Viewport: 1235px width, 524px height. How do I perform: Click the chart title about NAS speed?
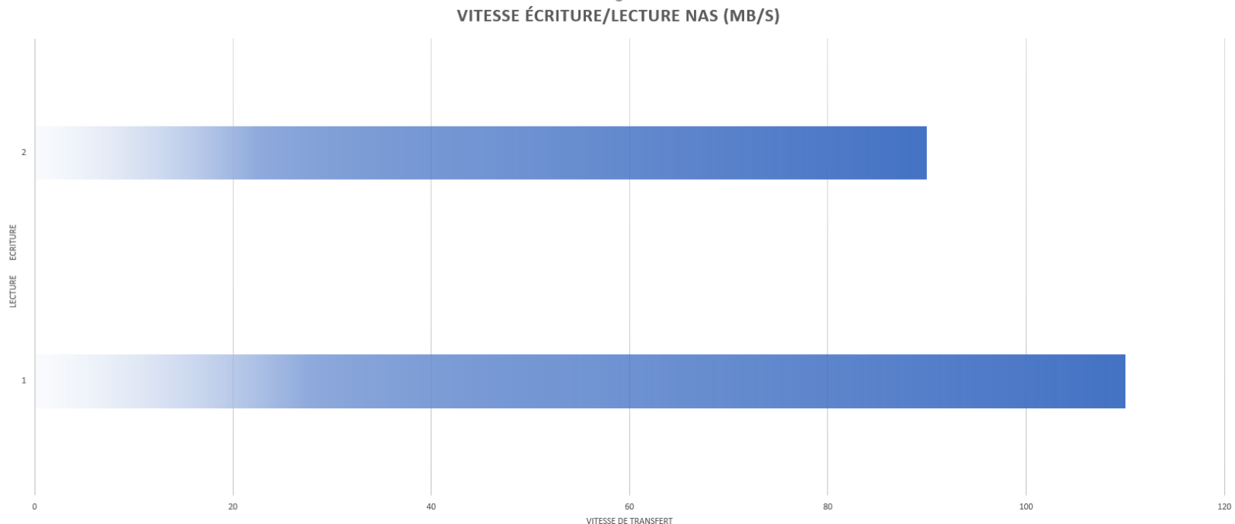click(x=618, y=15)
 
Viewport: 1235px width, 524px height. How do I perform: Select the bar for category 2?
click(x=482, y=153)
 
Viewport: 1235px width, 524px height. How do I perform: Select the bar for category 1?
click(x=580, y=381)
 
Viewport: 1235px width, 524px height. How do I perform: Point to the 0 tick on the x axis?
click(x=35, y=507)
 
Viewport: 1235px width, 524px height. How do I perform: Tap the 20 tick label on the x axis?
click(x=232, y=507)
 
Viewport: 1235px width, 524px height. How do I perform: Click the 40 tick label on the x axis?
click(x=431, y=507)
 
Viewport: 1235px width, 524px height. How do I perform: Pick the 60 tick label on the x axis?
click(x=629, y=507)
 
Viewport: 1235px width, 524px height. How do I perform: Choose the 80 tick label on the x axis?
click(x=827, y=507)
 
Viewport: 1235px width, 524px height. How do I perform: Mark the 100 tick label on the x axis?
click(x=1026, y=507)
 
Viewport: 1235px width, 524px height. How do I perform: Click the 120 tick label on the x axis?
click(x=1224, y=507)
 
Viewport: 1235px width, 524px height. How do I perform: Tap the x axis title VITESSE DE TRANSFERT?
click(x=629, y=520)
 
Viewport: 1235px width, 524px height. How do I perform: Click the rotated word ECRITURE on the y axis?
click(x=13, y=242)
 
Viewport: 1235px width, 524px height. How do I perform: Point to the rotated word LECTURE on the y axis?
click(x=13, y=292)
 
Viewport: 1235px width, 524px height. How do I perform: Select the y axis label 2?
click(x=24, y=153)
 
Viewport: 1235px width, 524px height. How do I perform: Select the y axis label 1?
click(x=24, y=380)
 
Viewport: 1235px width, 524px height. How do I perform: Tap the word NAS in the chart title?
click(x=702, y=16)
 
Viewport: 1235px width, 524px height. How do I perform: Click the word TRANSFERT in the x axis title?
click(x=651, y=520)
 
